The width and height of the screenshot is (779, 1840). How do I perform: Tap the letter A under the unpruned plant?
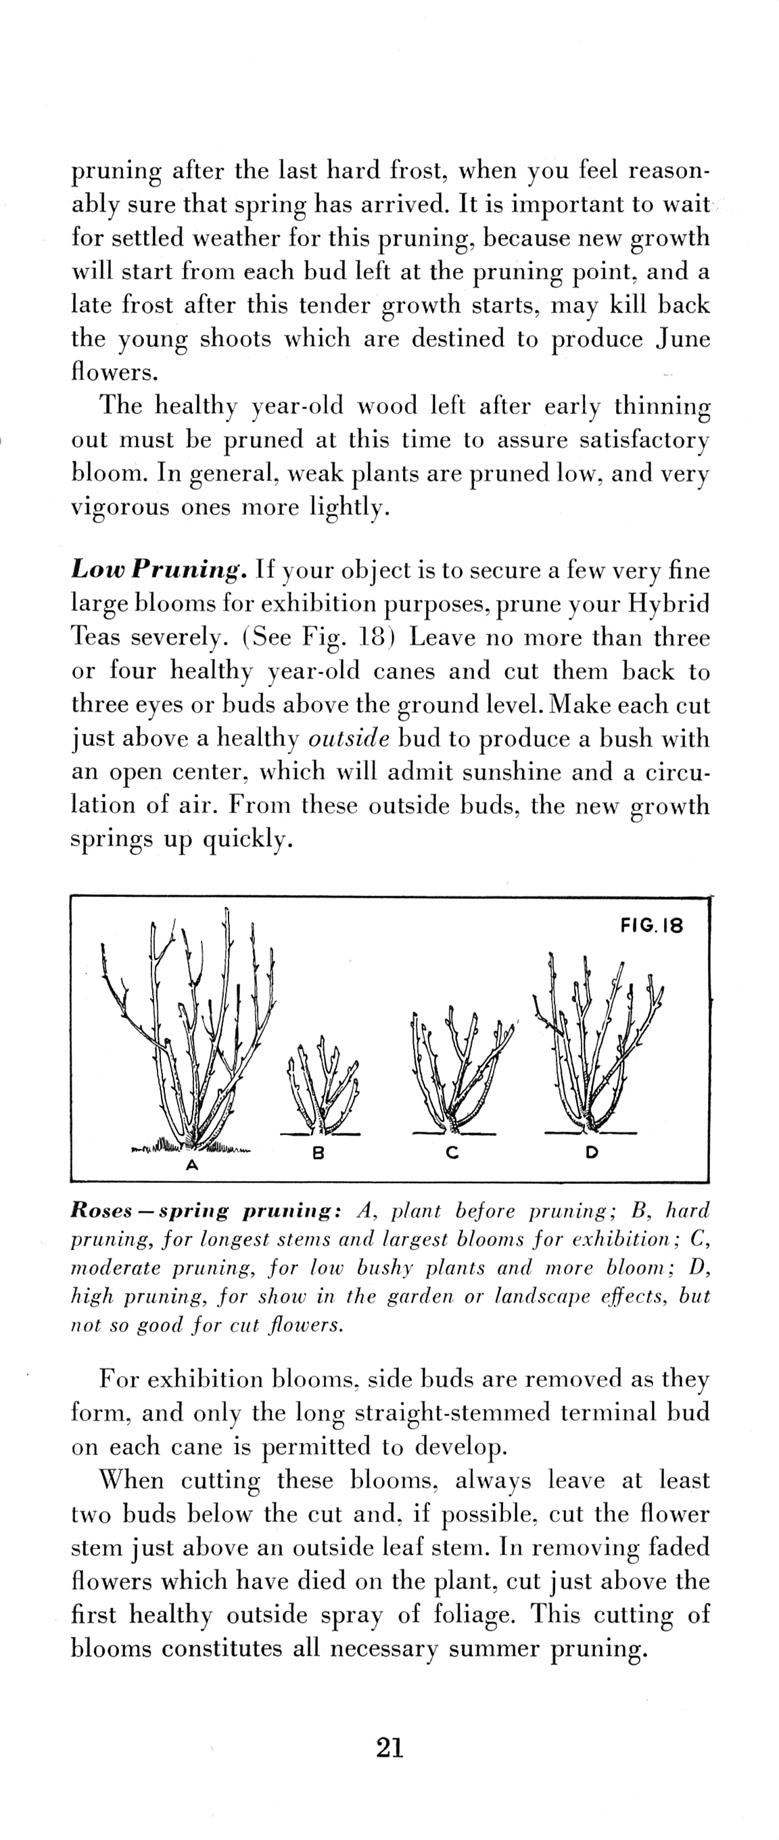click(191, 1166)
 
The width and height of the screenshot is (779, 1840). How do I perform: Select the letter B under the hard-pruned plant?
click(319, 1152)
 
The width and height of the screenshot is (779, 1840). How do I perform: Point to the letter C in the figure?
click(451, 1152)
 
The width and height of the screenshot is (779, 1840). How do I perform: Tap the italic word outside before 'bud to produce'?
click(348, 739)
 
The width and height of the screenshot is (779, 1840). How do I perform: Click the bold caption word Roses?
click(101, 1212)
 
